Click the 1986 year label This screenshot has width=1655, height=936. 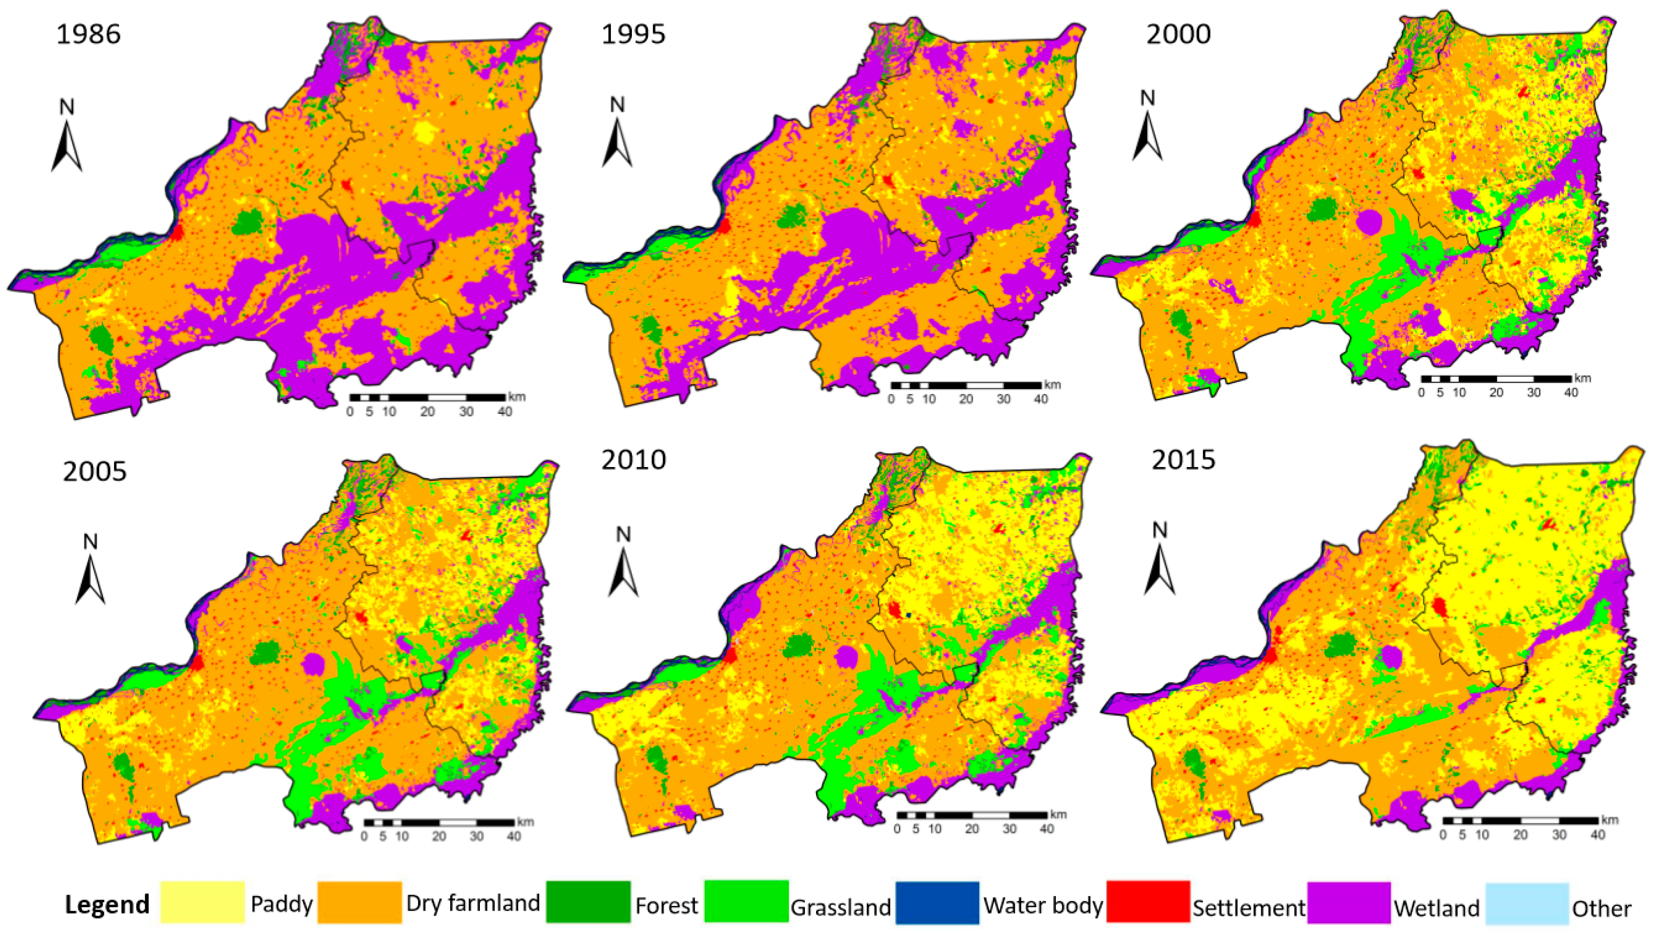coord(89,34)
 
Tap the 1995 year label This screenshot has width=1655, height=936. coord(633,34)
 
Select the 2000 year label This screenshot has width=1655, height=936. coord(1179,34)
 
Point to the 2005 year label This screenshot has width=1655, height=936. coord(95,471)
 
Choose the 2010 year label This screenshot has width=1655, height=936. coord(633,460)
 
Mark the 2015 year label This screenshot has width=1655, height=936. coord(1183,460)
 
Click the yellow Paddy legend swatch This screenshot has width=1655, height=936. coord(202,902)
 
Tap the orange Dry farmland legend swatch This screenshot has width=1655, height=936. coord(360,902)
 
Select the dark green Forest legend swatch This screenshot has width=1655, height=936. coord(588,902)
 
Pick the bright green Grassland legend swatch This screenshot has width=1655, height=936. coord(746,902)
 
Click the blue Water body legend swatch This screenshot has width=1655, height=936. coord(937,902)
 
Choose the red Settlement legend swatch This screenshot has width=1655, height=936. coord(1148,902)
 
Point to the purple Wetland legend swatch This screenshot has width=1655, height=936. coord(1349,902)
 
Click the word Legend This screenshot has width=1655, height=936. coord(107,904)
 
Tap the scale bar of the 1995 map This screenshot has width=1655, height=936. coord(966,386)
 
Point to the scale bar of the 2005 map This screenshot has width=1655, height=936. coord(439,823)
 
